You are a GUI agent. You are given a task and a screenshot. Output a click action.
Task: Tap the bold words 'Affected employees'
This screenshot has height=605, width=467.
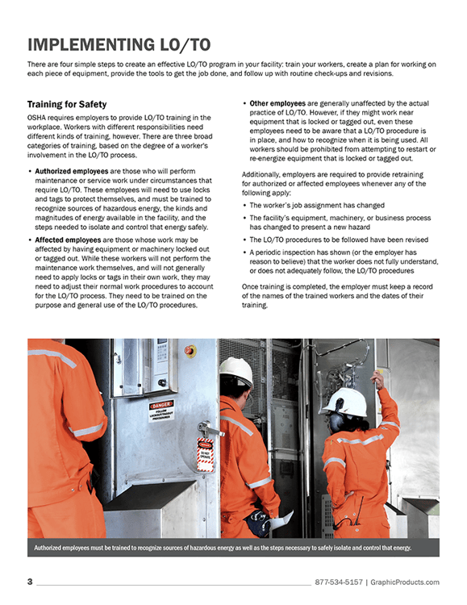64,240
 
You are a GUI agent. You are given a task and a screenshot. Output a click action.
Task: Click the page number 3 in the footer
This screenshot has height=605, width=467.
29,582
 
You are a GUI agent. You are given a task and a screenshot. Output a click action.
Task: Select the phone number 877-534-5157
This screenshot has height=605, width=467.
338,582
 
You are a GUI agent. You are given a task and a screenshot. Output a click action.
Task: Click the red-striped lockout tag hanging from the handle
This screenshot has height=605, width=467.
206,454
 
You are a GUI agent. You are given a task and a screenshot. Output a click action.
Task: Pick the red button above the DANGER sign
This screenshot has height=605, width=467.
190,351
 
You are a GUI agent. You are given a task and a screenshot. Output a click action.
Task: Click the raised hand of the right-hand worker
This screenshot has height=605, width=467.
377,378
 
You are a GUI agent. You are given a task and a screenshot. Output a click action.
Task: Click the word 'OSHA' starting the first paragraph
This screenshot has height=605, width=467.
38,119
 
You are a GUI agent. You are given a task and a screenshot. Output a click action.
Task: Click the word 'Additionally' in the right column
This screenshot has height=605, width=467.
268,175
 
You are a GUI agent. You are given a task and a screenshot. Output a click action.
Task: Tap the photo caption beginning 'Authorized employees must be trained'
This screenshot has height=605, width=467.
222,548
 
